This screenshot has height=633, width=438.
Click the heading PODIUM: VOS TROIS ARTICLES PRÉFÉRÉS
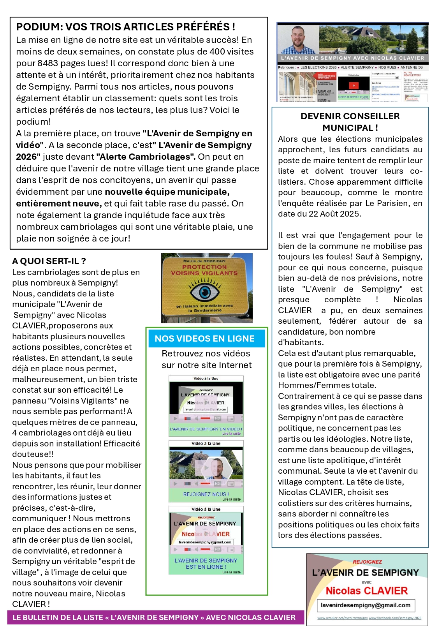pos(125,27)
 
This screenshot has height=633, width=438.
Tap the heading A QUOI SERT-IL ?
pos(49,261)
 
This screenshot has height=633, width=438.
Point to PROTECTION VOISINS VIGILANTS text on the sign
pos(204,270)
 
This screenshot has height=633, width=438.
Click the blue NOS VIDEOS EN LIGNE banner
pos(205,339)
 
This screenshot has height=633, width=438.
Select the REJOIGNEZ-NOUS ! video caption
pos(206,494)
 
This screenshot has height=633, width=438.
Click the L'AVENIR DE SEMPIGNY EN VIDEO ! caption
pos(206,429)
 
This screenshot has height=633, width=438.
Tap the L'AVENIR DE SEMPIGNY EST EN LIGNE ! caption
pos(206,563)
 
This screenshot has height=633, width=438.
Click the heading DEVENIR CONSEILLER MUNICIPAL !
pos(350,122)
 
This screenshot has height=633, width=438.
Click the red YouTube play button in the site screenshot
pos(354,86)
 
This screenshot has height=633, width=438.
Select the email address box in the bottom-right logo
pos(366,605)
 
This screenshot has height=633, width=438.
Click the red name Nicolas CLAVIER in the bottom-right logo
pos(366,591)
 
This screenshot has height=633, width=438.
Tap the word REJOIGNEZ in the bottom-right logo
pos(367,562)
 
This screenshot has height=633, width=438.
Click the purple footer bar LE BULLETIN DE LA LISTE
pos(155,617)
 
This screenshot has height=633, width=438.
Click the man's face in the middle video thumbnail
pos(218,467)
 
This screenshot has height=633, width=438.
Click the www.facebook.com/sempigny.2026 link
pos(395,618)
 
